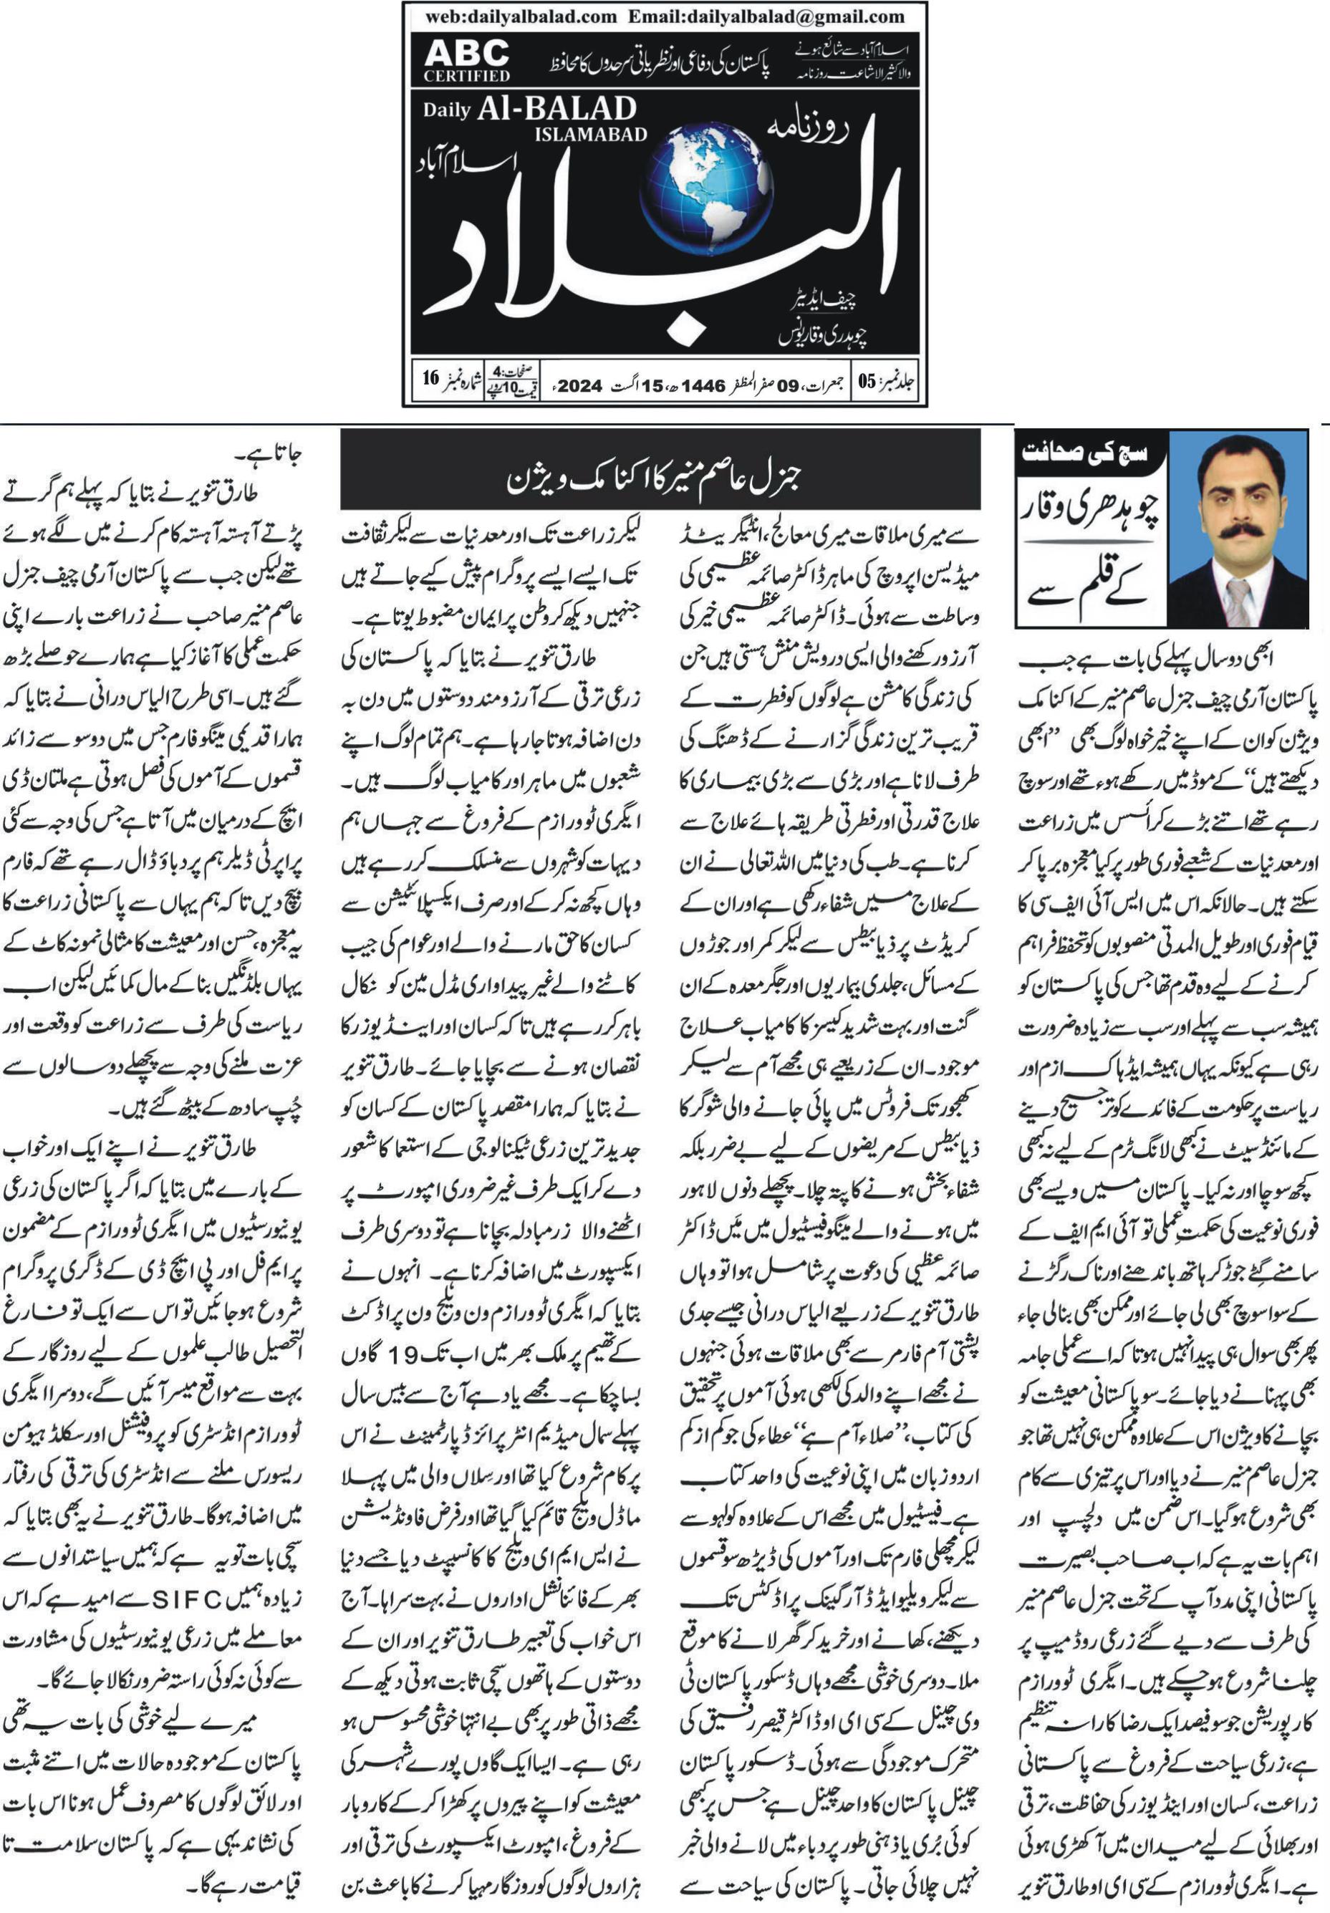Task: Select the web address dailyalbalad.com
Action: (x=521, y=16)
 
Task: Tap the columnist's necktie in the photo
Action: (x=1238, y=600)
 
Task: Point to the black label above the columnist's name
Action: (x=1090, y=455)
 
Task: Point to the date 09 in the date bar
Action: (x=789, y=386)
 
